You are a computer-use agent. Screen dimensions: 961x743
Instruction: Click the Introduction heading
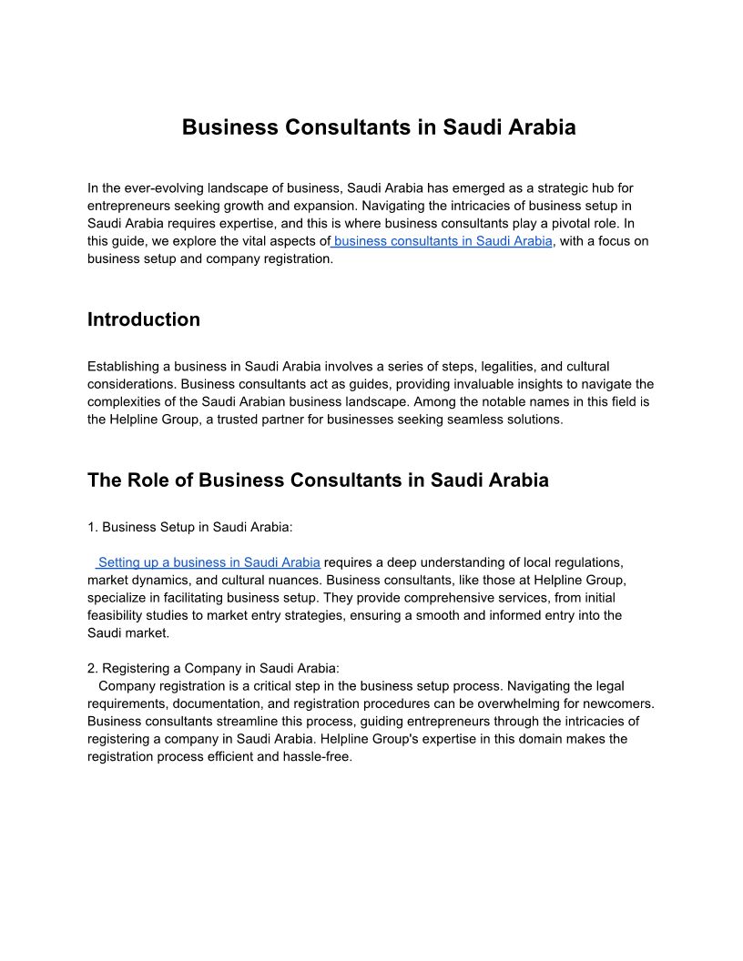[144, 319]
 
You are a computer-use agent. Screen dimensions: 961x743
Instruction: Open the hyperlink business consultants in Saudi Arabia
[443, 241]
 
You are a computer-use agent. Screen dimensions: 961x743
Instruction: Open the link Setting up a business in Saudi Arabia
[209, 562]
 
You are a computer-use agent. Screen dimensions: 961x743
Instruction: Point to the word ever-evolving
[157, 188]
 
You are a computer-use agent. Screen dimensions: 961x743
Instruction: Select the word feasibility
[122, 615]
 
